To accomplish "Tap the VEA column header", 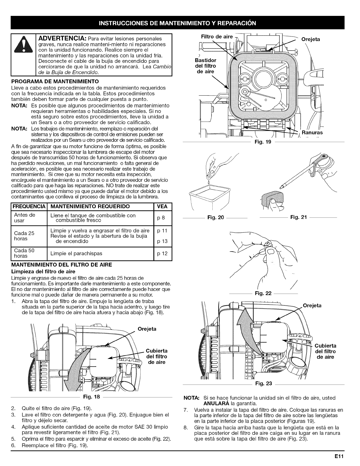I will click(x=162, y=207).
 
